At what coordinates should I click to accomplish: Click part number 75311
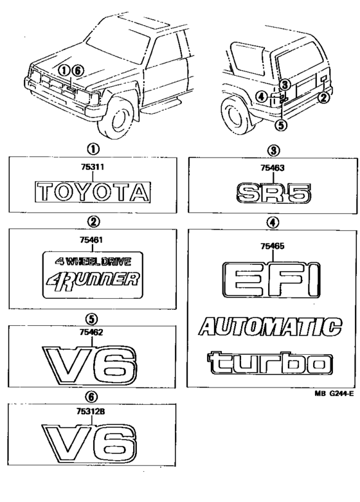point(93,167)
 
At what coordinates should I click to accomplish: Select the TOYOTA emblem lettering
point(93,192)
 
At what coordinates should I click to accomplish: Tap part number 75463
point(273,168)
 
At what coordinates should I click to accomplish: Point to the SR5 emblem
point(273,193)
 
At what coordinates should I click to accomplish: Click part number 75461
point(93,240)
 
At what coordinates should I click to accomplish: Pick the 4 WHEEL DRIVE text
point(93,262)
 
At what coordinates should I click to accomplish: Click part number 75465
point(273,246)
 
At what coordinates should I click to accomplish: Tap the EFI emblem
point(271,280)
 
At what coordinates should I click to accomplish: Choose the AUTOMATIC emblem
point(270,327)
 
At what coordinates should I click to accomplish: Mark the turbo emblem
point(270,363)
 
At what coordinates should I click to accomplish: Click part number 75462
point(92,332)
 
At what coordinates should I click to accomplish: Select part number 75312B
point(92,412)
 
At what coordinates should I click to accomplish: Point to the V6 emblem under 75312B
point(90,444)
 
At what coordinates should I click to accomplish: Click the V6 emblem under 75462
point(90,366)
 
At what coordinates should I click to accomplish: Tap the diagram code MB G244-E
point(334,394)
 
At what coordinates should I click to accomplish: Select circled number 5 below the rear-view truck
point(281,125)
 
